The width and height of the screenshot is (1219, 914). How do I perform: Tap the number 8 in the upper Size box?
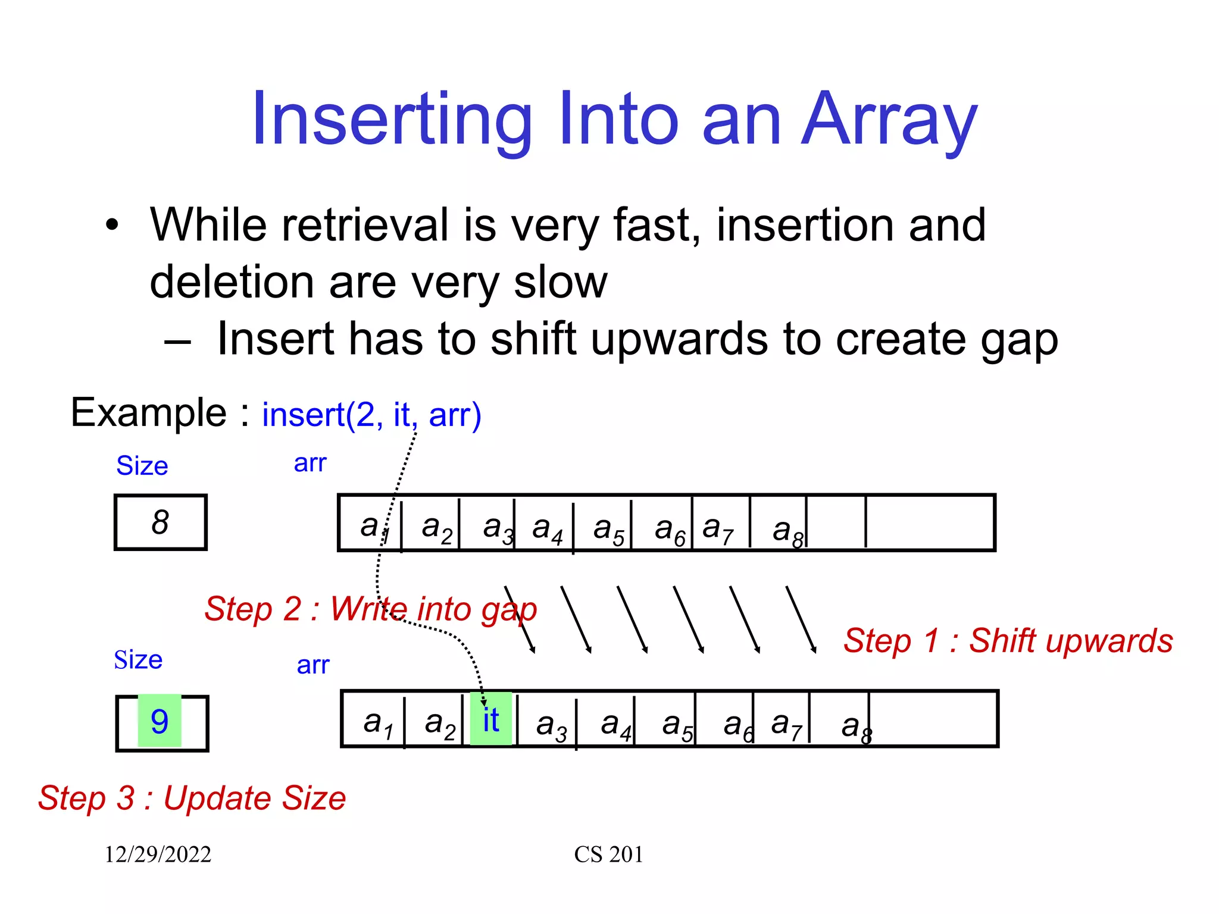(x=160, y=522)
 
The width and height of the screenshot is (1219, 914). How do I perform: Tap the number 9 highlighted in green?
(x=160, y=721)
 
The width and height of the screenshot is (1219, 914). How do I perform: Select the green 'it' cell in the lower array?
(x=491, y=719)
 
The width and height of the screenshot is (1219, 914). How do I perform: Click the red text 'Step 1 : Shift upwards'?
(x=1008, y=641)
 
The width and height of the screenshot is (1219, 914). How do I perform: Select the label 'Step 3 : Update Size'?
(x=192, y=798)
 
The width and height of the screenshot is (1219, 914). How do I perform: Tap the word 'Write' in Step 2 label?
(x=369, y=609)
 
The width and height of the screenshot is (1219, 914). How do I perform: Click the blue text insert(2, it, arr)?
(x=371, y=415)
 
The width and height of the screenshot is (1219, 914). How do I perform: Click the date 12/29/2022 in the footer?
(x=158, y=854)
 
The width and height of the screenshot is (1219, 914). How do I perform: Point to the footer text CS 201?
(x=608, y=854)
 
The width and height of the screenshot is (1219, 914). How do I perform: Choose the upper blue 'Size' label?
(x=142, y=465)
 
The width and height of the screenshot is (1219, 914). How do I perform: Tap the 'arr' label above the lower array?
(x=313, y=665)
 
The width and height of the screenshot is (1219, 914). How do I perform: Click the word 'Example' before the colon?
(x=149, y=412)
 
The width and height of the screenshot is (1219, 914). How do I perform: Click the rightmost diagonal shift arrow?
(x=801, y=619)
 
